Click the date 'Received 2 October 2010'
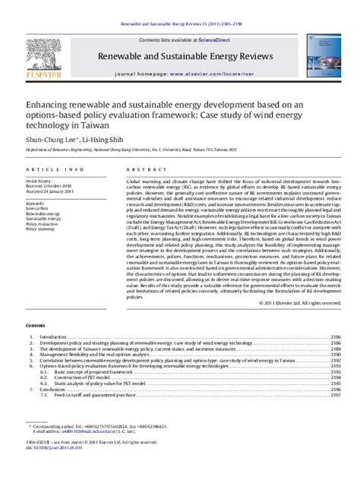click(49, 186)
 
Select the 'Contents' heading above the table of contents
click(35, 324)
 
